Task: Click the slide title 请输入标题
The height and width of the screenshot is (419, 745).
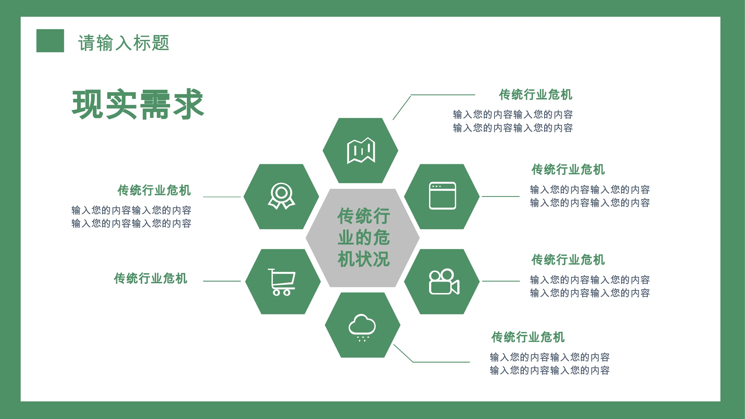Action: click(x=123, y=43)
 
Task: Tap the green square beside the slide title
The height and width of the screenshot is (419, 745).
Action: click(x=50, y=41)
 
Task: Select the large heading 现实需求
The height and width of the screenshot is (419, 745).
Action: click(x=138, y=104)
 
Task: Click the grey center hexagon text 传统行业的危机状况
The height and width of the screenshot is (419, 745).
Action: click(x=363, y=237)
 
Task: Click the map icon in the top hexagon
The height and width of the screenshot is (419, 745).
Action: click(x=361, y=150)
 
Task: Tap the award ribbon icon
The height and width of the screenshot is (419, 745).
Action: click(x=281, y=196)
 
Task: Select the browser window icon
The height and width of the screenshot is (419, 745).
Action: click(x=442, y=196)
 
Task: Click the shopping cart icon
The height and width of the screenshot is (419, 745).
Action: click(x=281, y=282)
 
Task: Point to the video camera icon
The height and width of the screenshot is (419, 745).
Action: click(x=444, y=282)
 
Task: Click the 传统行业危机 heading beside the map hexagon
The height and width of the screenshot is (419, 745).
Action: click(x=535, y=95)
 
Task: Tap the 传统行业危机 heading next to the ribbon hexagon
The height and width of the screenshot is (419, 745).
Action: click(x=154, y=190)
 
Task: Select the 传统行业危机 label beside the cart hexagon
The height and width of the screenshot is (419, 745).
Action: click(x=150, y=278)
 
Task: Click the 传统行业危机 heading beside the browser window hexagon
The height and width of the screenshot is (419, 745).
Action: click(x=568, y=170)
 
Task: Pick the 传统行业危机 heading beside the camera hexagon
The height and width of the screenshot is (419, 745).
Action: click(x=568, y=260)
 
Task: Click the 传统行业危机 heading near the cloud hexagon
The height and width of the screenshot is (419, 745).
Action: click(x=528, y=337)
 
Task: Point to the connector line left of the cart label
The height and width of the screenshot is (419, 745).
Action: click(x=222, y=281)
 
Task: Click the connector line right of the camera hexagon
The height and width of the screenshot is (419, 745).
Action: click(x=501, y=281)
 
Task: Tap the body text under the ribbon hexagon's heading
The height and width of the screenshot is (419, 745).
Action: click(x=131, y=217)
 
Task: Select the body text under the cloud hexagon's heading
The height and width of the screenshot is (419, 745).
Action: click(x=549, y=364)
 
